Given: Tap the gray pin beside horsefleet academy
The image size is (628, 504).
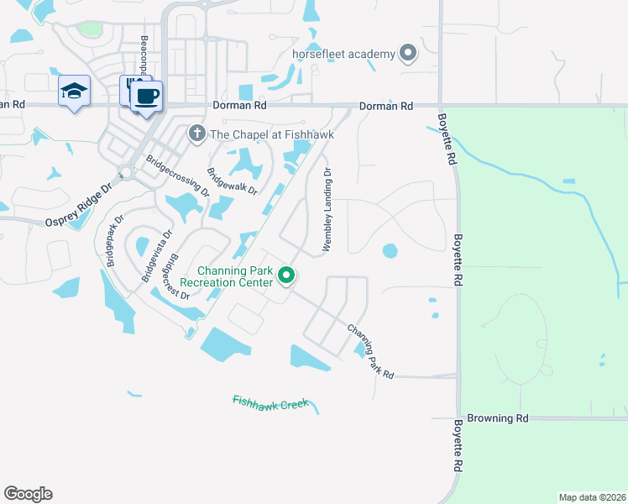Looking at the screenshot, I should [408, 55].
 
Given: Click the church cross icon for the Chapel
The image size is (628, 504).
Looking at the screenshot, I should [196, 132].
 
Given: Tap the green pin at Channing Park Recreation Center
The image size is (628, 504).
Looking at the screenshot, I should [286, 275].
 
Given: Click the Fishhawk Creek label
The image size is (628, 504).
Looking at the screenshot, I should [270, 402].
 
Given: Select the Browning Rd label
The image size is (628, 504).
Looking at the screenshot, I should [497, 417].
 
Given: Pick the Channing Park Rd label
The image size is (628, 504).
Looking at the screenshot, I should [370, 351].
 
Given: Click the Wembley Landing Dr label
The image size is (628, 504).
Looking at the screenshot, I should [327, 210].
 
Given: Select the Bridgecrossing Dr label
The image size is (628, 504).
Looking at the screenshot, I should [177, 174].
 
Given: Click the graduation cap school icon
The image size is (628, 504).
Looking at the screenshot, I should [74, 90].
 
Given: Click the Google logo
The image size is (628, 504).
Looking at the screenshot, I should [28, 494].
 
